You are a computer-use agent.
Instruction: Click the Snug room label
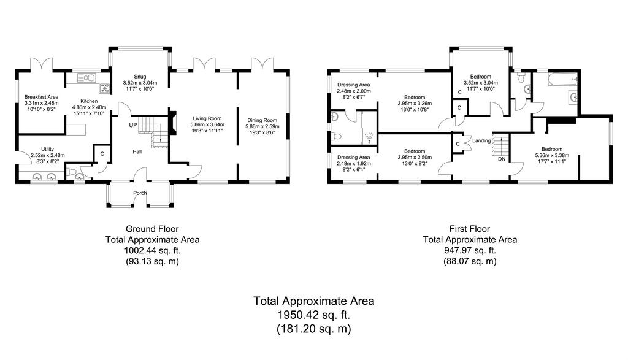(140, 77)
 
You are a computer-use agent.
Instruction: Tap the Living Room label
(207, 118)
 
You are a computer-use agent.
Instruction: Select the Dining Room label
(262, 120)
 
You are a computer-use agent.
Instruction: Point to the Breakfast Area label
(41, 97)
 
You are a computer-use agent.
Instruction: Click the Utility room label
(48, 150)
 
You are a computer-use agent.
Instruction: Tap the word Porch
(140, 193)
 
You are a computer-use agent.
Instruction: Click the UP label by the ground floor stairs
(133, 125)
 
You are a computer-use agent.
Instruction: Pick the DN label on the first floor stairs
(502, 159)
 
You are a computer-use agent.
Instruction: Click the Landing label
(481, 140)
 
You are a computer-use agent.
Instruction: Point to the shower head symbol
(369, 138)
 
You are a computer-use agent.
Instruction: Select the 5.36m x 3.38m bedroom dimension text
(552, 155)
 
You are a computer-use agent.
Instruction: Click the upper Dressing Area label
(354, 85)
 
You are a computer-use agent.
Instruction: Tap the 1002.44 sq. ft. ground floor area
(152, 251)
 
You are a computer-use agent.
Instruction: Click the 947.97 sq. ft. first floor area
(470, 251)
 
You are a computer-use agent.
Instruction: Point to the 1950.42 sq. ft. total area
(313, 315)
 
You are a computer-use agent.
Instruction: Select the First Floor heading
(469, 229)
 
